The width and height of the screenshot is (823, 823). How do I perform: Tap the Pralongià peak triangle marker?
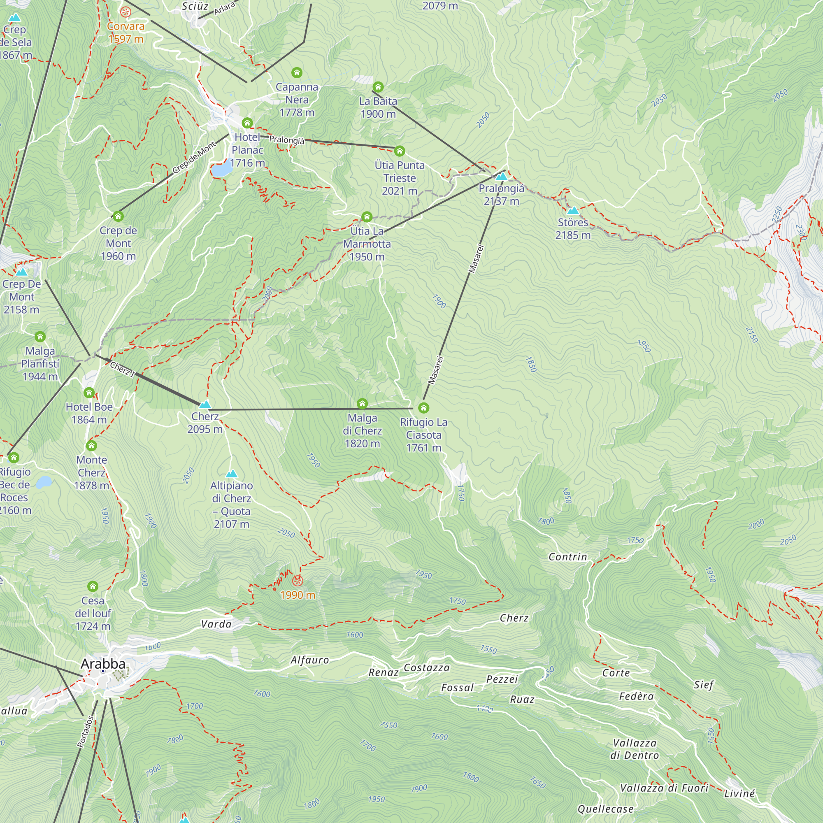(x=501, y=176)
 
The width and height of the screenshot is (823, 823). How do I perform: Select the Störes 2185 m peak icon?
(x=573, y=210)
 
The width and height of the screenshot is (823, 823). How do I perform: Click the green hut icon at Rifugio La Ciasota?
(x=423, y=408)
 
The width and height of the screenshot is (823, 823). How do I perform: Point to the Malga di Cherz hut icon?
(x=362, y=403)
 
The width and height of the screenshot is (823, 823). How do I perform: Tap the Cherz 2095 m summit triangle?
(x=205, y=404)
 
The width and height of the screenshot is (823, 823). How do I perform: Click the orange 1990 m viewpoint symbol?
(x=298, y=581)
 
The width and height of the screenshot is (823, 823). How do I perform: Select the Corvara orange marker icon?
(x=125, y=12)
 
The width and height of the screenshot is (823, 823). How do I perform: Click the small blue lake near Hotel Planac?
(x=222, y=170)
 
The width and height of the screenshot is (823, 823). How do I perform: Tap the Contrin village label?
(x=567, y=557)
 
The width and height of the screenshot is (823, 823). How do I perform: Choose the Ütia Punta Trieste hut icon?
(x=399, y=151)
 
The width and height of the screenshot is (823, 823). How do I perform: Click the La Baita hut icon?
(x=378, y=87)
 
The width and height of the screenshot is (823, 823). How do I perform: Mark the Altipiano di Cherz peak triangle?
(x=231, y=474)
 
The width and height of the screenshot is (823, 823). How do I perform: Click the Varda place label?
(x=216, y=624)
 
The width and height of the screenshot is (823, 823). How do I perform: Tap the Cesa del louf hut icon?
(x=93, y=586)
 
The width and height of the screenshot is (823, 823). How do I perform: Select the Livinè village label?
(x=739, y=794)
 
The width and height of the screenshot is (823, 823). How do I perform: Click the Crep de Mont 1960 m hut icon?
(x=118, y=216)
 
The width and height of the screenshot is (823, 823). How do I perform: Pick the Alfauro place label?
(x=310, y=660)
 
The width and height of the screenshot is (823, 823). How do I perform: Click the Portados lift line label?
(x=86, y=731)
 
